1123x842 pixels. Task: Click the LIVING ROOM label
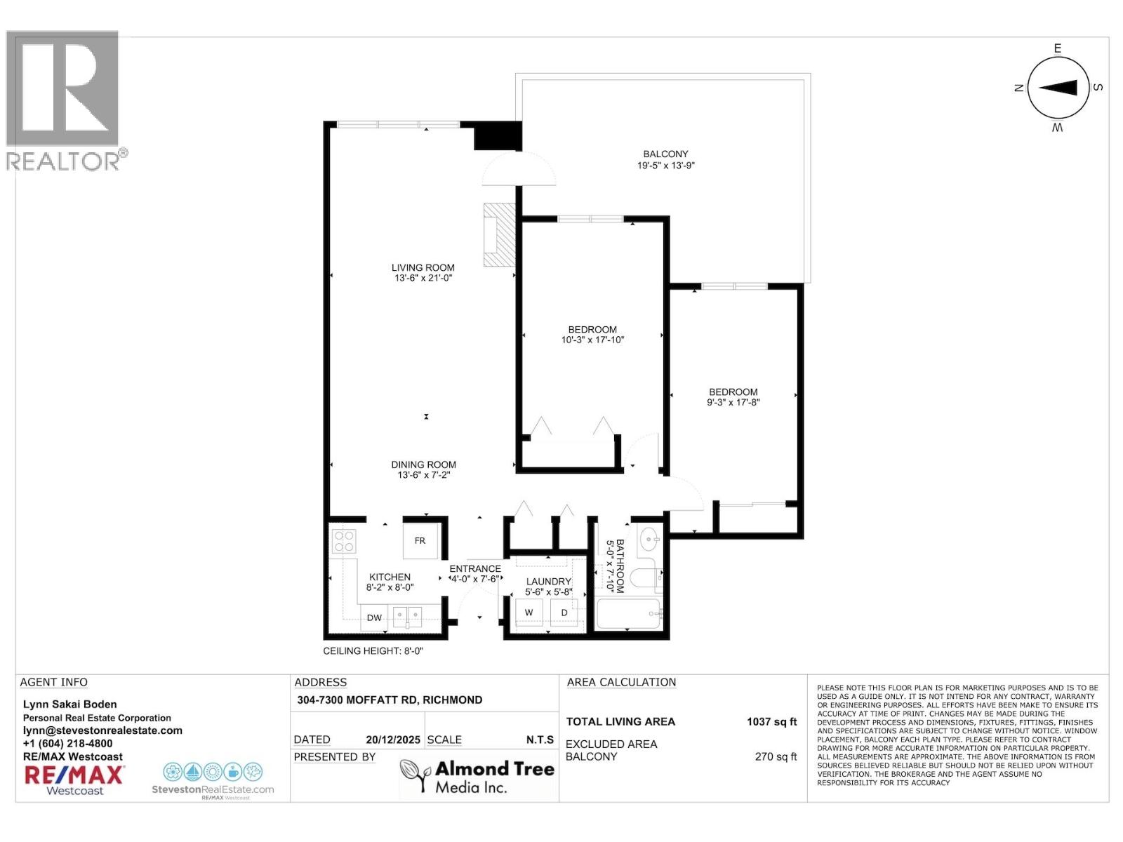[x=423, y=267]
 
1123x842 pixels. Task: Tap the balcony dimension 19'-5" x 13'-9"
[x=665, y=166]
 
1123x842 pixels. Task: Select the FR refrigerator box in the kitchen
[x=420, y=540]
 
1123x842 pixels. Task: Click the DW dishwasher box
[x=374, y=617]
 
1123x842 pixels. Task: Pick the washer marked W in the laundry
[x=529, y=613]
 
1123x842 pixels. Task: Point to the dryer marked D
[x=564, y=613]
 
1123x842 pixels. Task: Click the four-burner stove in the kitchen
[x=344, y=541]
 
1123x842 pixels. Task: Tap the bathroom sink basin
[x=649, y=540]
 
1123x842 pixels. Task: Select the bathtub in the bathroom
[x=628, y=614]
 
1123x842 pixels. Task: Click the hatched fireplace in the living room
[x=499, y=235]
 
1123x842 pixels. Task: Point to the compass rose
[x=1058, y=88]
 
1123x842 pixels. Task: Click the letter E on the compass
[x=1058, y=48]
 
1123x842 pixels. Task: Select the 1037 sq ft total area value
[x=771, y=721]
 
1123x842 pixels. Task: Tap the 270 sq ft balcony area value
[x=776, y=756]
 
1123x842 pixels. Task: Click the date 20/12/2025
[x=392, y=740]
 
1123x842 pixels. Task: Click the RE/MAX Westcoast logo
[x=74, y=779]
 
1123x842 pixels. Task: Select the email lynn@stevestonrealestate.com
[x=102, y=730]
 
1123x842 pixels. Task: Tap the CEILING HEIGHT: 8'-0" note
[x=373, y=651]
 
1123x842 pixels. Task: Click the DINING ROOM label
[x=423, y=465]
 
